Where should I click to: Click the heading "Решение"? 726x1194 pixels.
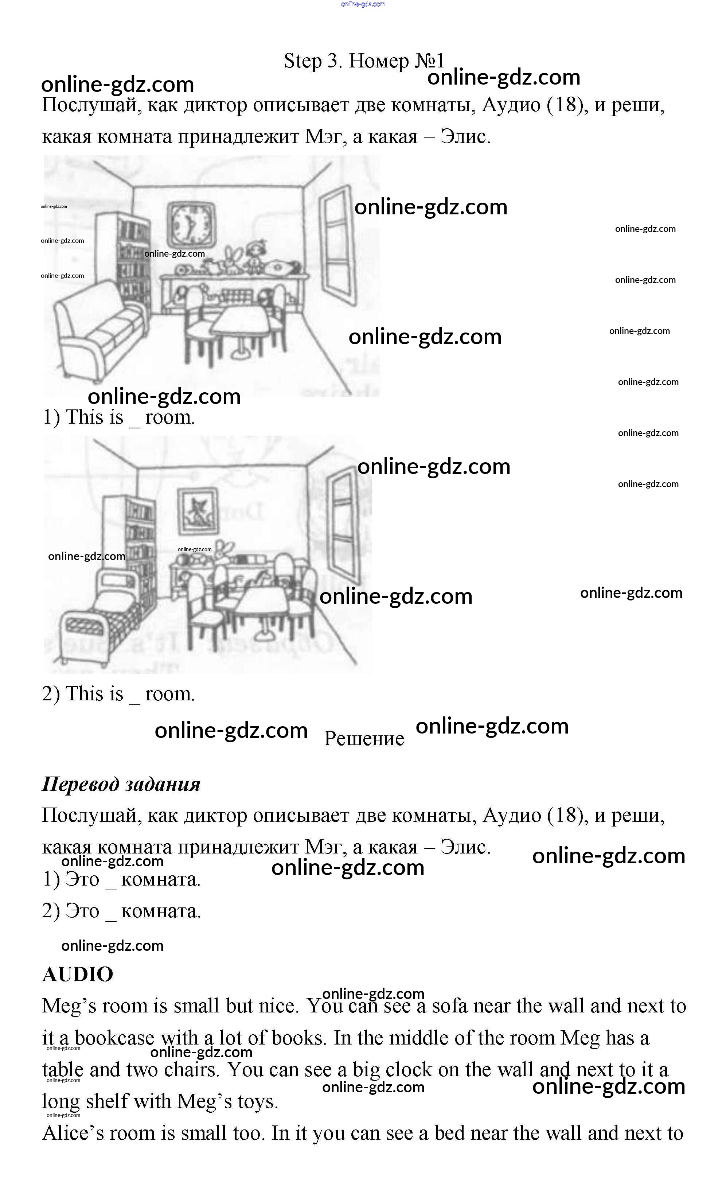tap(364, 739)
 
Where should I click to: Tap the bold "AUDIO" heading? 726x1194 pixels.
tap(78, 974)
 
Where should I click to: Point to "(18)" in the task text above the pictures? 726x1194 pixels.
tap(564, 105)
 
